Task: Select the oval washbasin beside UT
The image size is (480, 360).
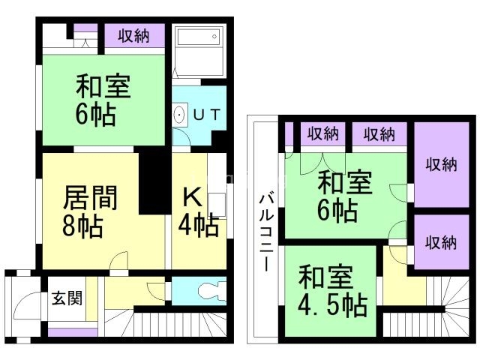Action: tap(179, 115)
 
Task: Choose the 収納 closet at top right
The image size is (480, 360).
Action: tap(438, 165)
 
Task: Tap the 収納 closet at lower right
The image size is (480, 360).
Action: tap(438, 241)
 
